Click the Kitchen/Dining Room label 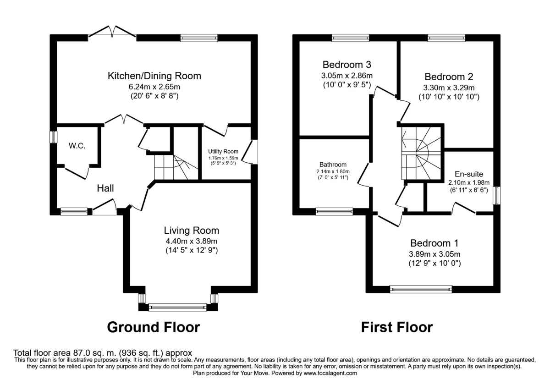154,76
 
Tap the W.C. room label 77,146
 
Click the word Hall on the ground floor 105,188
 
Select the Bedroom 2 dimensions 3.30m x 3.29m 449,88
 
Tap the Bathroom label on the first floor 333,165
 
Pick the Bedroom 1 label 434,243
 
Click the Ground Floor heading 154,327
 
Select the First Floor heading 397,327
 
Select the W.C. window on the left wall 53,137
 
